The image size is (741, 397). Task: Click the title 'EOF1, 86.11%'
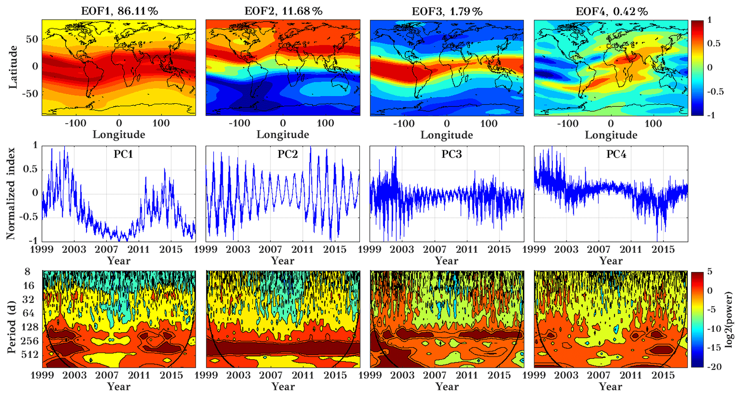[119, 11]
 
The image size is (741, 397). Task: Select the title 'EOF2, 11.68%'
[283, 11]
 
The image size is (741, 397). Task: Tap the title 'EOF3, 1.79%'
[447, 11]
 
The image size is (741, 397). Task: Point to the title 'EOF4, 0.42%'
[612, 11]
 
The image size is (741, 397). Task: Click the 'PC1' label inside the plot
[123, 154]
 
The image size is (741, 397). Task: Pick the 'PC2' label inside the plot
[288, 154]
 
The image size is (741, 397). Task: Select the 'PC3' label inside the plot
[451, 154]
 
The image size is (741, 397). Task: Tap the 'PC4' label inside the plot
[616, 154]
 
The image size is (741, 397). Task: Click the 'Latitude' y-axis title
[13, 67]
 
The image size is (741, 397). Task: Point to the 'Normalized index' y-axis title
[11, 194]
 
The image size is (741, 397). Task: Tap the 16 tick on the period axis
[29, 285]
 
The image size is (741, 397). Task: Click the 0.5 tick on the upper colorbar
[713, 43]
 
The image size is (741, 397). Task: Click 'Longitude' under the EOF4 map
[611, 135]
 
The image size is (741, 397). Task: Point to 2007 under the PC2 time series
[270, 249]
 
